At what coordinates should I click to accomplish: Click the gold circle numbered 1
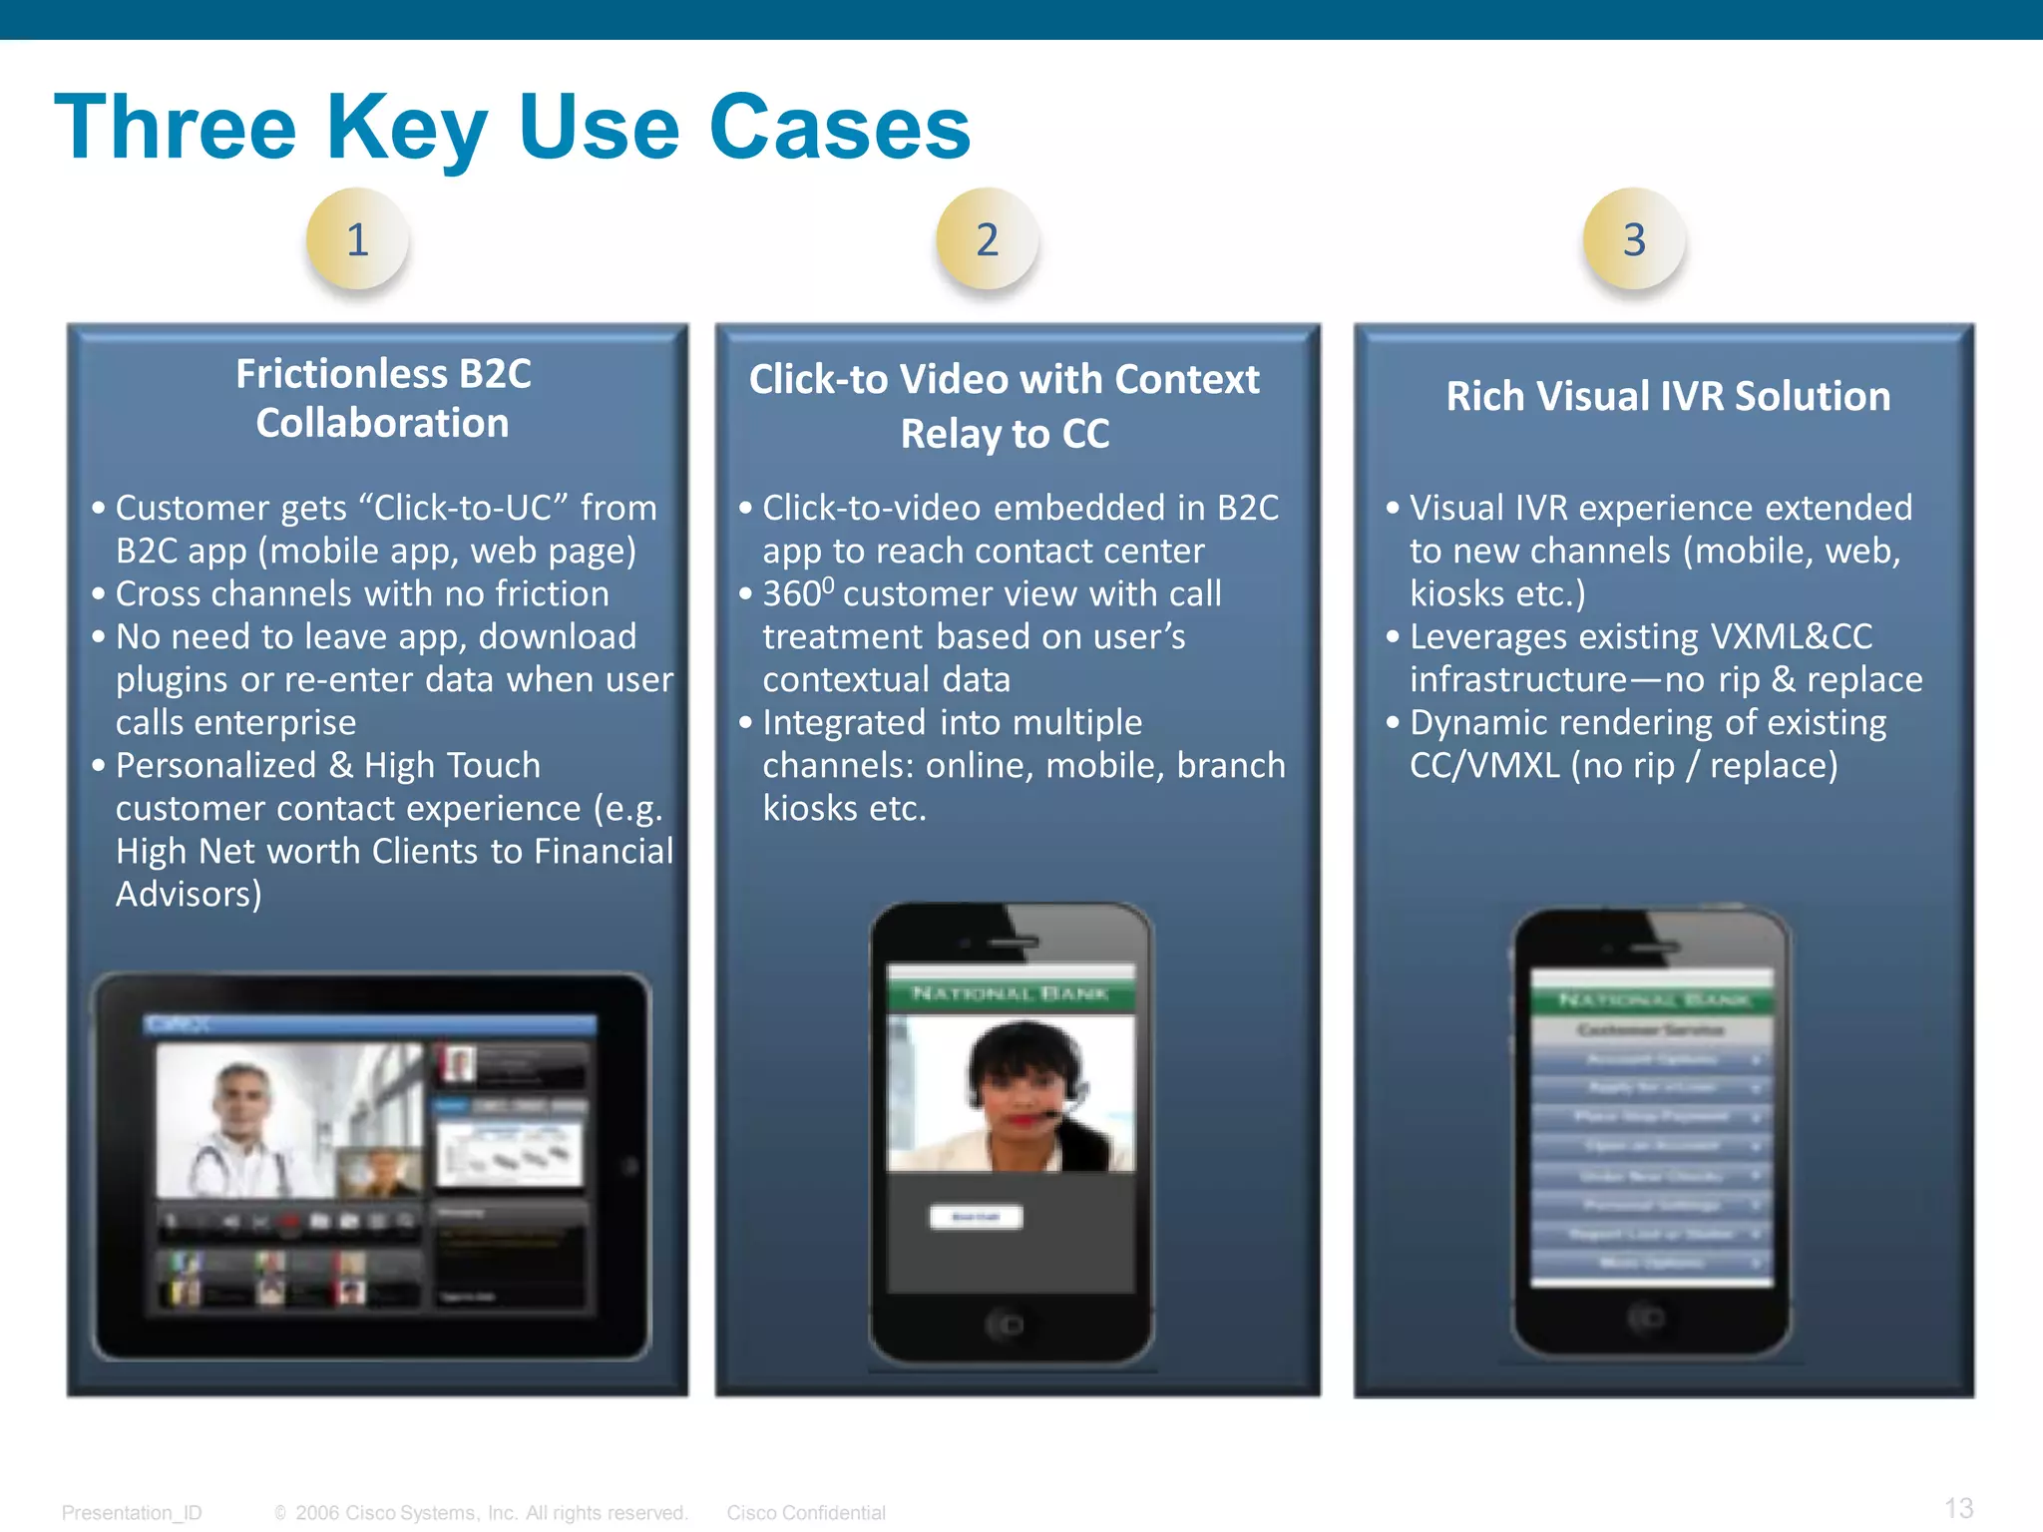[357, 239]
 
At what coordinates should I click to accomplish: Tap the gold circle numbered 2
[987, 239]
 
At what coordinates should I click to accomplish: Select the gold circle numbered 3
[1634, 239]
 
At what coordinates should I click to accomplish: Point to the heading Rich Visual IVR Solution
[1668, 396]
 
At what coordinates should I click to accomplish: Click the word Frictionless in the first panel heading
[341, 374]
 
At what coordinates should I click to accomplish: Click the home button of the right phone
[1647, 1319]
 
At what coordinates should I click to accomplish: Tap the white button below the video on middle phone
[976, 1217]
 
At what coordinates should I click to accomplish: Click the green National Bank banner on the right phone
[1652, 999]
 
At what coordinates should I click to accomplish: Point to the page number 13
[1958, 1508]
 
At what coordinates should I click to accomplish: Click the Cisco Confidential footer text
[805, 1513]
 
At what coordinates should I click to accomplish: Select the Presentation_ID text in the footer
[132, 1513]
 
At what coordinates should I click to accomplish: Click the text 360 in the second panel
[792, 594]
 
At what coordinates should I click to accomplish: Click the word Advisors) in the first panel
[189, 894]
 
